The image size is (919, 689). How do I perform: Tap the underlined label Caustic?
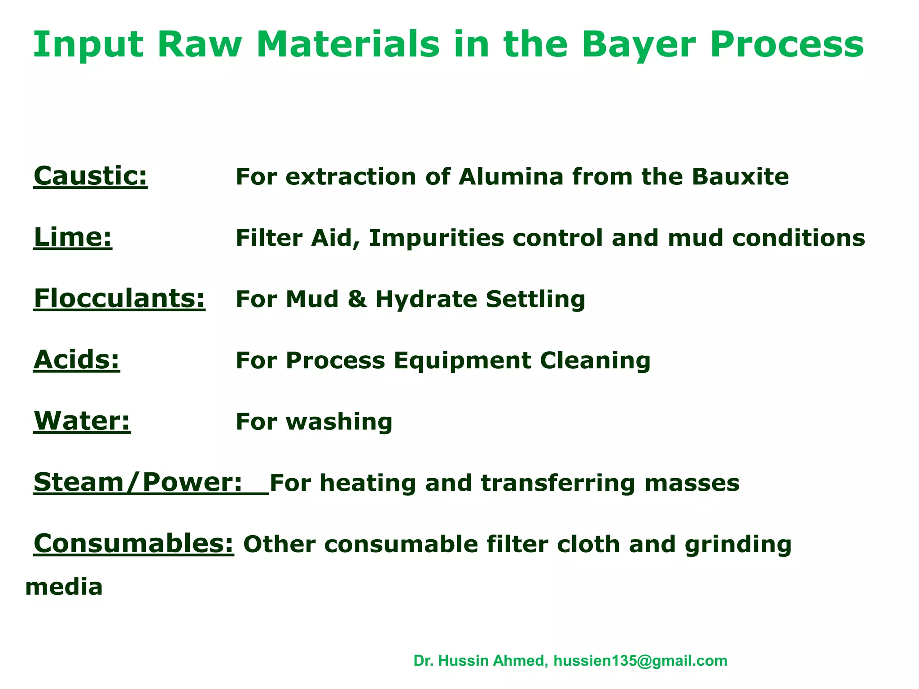[91, 176]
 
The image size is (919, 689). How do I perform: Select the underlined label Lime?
[73, 237]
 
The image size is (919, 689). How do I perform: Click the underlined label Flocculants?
[119, 299]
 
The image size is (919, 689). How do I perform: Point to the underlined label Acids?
[77, 360]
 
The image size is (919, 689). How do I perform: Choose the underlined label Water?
[82, 421]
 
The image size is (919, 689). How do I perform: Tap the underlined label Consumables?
[134, 544]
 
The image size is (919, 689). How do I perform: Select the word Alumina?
[511, 176]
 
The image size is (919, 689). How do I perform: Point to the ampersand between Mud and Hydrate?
[357, 299]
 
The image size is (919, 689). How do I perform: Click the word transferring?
[558, 484]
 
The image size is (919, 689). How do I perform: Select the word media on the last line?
[64, 587]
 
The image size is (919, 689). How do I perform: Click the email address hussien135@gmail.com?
[640, 661]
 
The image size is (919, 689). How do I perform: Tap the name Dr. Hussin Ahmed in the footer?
[480, 661]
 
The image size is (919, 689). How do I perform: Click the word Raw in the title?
[199, 45]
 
